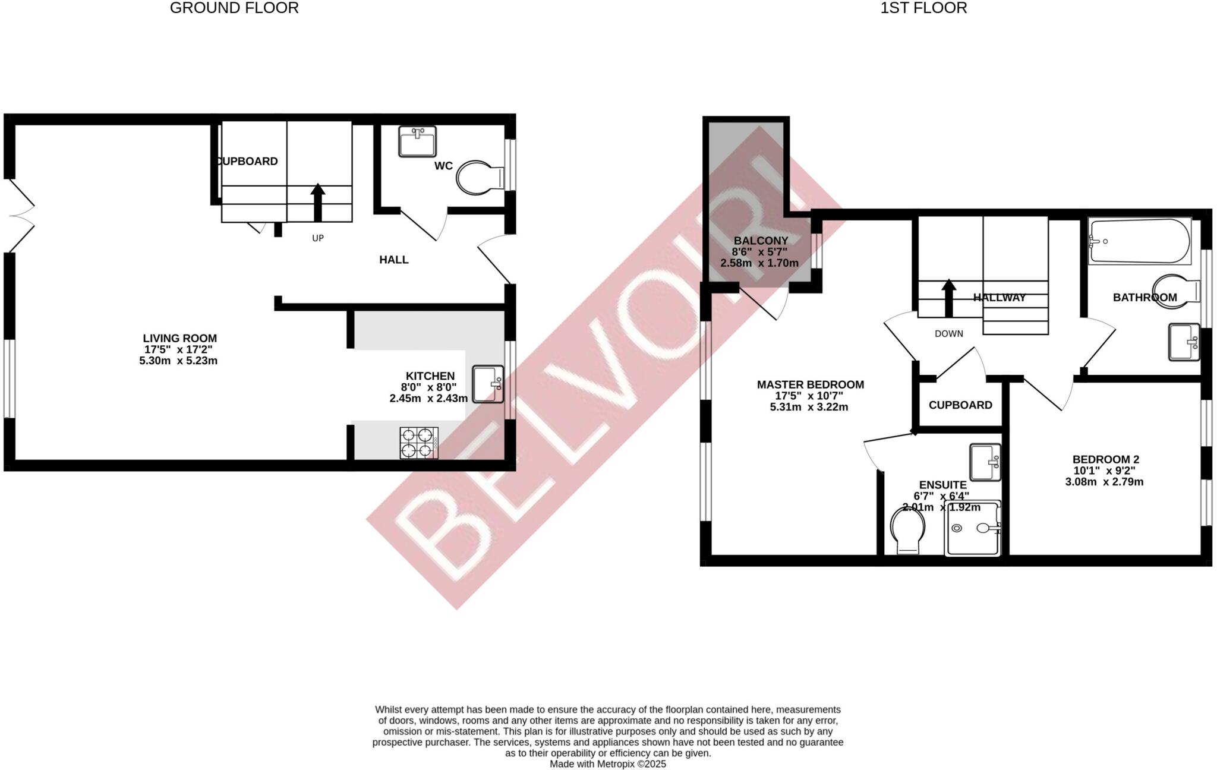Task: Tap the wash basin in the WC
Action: pos(417,141)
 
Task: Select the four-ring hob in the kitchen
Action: pos(420,443)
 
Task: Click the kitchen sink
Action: pos(488,384)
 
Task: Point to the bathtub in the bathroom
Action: pos(1139,241)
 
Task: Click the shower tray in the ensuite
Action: pos(973,528)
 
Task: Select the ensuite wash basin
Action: pos(985,462)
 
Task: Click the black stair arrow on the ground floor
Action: pos(318,202)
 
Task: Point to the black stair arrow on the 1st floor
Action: pos(948,298)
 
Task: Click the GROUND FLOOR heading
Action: pos(234,8)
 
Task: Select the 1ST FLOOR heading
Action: pos(923,8)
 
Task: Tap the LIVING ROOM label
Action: pos(179,339)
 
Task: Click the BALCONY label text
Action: pos(761,241)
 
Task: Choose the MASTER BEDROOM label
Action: pos(810,384)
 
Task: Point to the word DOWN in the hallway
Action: pos(948,334)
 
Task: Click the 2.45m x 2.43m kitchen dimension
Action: pos(428,399)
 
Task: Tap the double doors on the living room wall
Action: pos(19,215)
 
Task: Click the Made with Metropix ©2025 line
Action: pos(607,764)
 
